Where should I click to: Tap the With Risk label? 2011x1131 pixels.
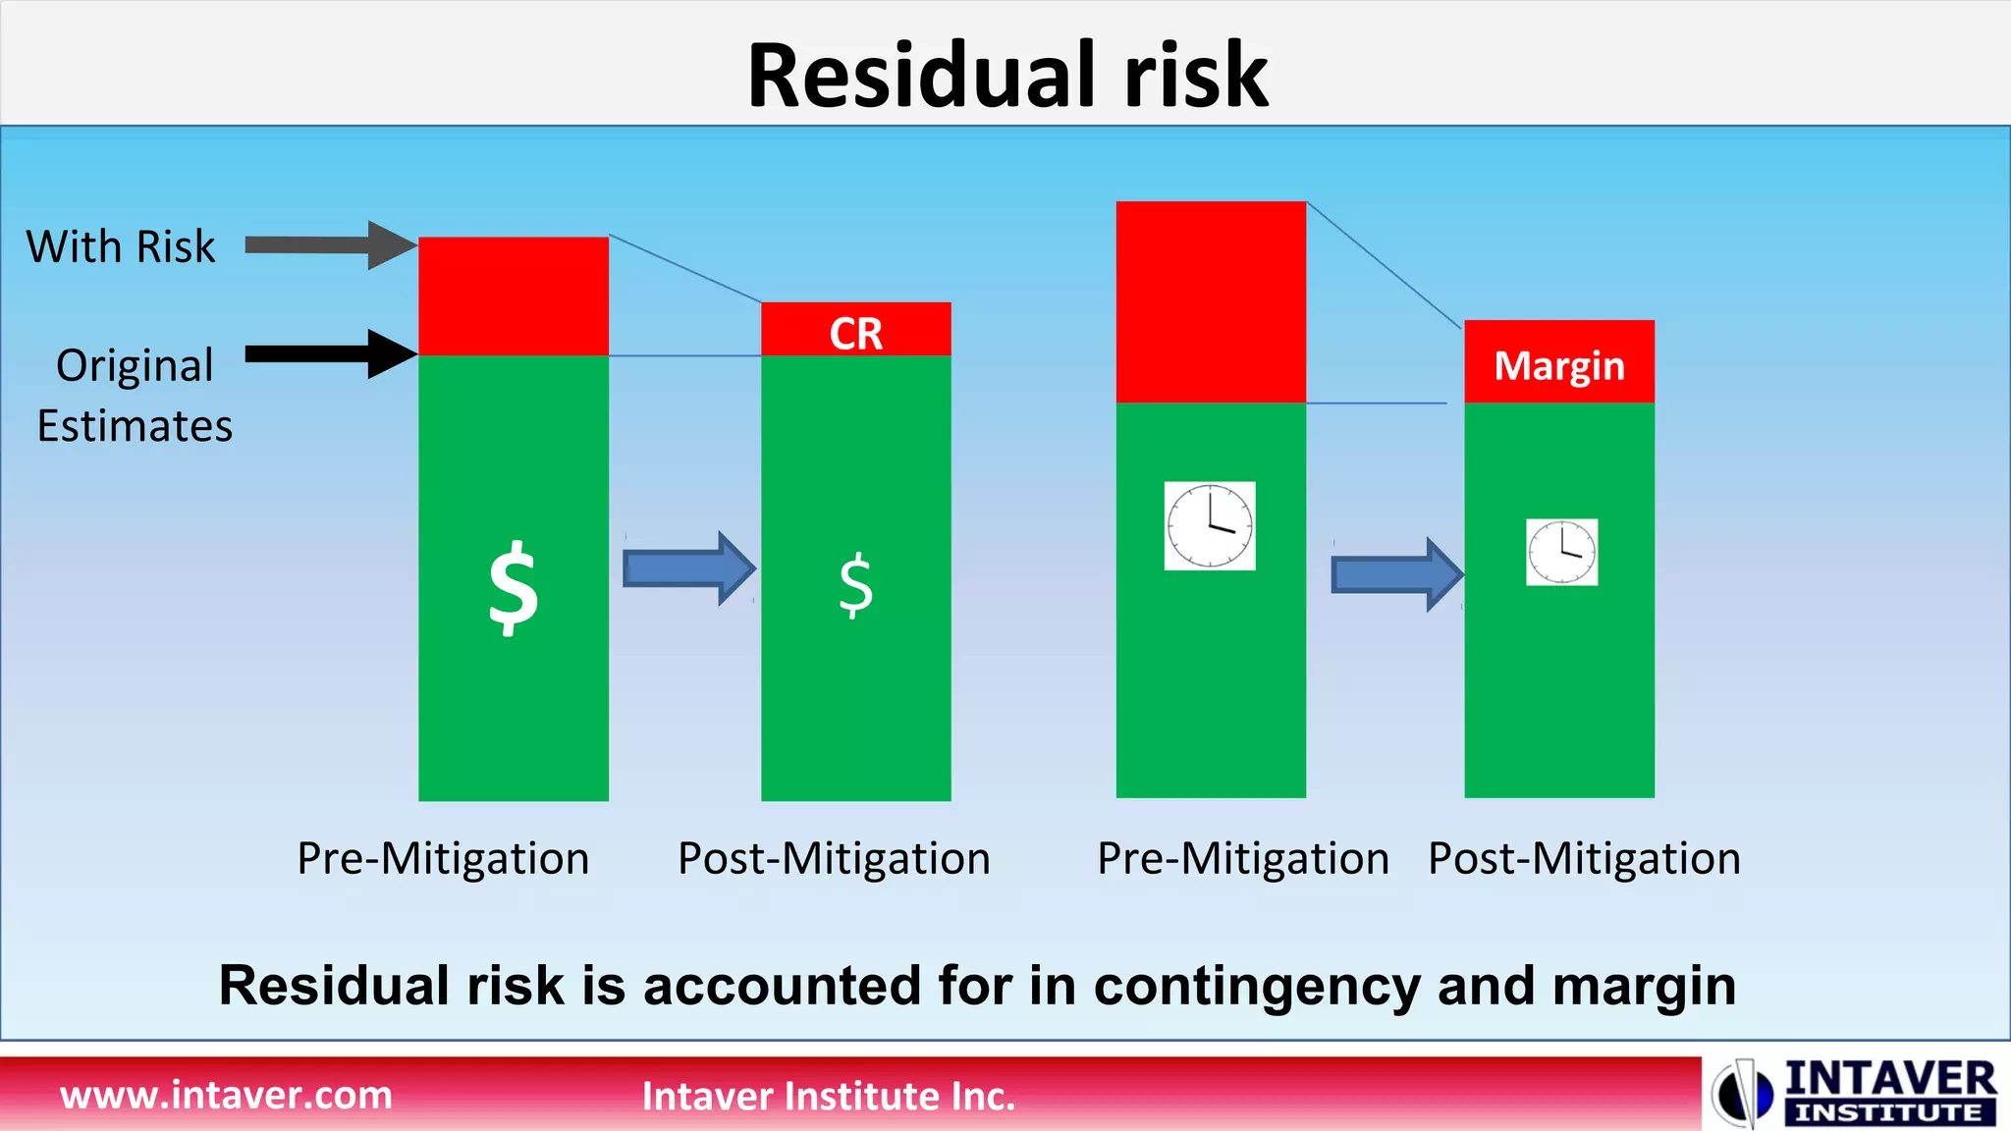[121, 246]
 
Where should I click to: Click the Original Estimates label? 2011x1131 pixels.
[135, 395]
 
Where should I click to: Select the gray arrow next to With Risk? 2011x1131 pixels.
[330, 244]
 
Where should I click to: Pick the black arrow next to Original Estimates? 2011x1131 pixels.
[330, 353]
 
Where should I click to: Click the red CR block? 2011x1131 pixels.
[855, 331]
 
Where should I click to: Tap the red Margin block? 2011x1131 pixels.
[1558, 362]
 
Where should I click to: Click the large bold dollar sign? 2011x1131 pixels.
[514, 588]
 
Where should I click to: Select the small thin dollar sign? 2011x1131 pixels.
[855, 585]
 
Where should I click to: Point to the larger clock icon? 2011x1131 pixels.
[1210, 525]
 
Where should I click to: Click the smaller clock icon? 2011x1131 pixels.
[1561, 552]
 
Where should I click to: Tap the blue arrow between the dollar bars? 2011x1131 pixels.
[688, 567]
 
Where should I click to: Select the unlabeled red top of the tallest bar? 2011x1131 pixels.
[1211, 301]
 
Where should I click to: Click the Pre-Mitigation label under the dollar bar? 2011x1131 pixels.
[443, 858]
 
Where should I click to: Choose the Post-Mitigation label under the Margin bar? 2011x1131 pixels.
[1584, 858]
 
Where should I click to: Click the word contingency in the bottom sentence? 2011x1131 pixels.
[1256, 986]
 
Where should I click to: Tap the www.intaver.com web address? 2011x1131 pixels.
[226, 1095]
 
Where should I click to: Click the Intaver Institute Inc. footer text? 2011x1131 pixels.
[828, 1096]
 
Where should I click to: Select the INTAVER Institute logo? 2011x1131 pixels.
[1856, 1092]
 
